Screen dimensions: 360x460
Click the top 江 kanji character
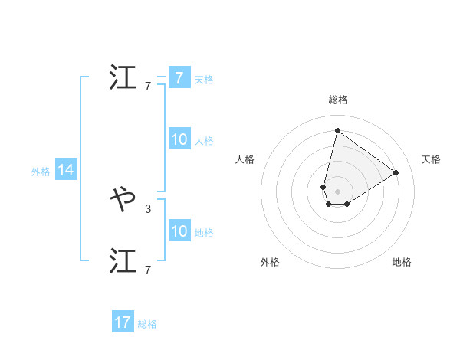click(124, 78)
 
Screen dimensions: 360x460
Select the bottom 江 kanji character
click(124, 260)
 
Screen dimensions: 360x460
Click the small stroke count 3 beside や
click(148, 208)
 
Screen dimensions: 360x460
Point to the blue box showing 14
click(66, 171)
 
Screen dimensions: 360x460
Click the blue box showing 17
click(123, 322)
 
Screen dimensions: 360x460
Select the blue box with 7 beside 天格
click(179, 78)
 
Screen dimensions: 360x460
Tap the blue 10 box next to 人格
click(179, 139)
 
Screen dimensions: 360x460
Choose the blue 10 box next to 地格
click(179, 231)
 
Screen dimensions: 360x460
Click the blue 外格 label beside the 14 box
click(41, 172)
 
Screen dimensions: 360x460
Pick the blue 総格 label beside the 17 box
click(147, 324)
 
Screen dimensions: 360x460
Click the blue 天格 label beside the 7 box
click(204, 80)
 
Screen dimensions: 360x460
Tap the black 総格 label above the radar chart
click(337, 100)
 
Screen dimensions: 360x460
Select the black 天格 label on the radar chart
click(431, 159)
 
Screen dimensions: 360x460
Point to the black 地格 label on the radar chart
click(402, 262)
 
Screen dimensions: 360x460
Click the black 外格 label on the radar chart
click(270, 262)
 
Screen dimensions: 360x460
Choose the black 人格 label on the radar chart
click(245, 159)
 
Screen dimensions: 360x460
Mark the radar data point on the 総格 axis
click(337, 129)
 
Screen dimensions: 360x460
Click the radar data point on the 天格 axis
click(396, 172)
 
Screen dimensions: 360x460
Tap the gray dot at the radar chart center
click(337, 191)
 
